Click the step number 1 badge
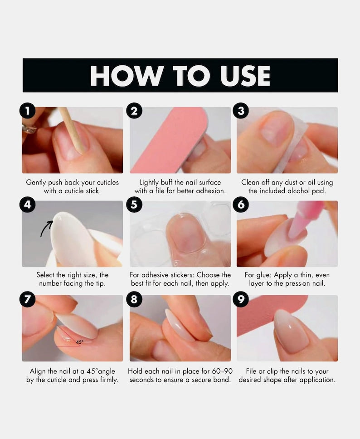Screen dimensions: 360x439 (28, 111)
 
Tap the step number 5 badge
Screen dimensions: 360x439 (134, 205)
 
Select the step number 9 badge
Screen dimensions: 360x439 (241, 299)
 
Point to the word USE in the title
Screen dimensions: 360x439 (245, 76)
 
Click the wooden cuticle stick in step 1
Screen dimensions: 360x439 (71, 131)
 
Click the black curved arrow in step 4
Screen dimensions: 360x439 (46, 229)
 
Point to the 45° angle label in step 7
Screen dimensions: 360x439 (79, 342)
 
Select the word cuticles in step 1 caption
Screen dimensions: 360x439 (108, 183)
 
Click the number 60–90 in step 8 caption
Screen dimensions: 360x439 (222, 371)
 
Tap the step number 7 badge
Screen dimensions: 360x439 (28, 299)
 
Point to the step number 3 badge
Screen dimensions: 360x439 (241, 111)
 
